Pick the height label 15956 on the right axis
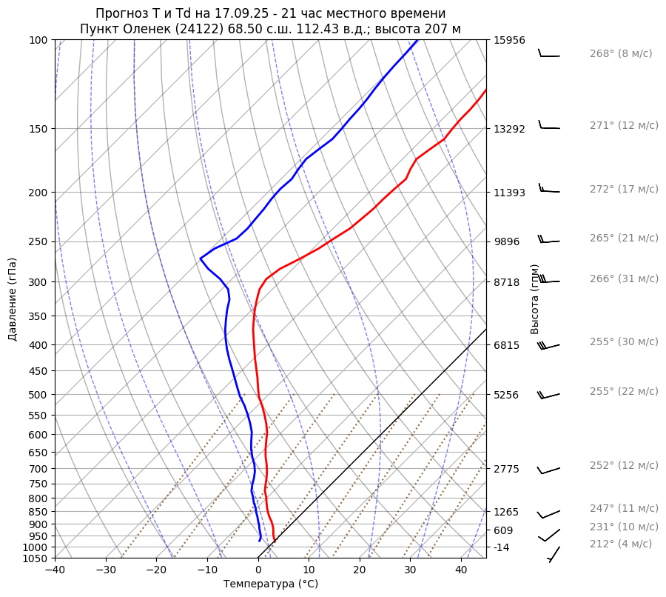click(x=509, y=40)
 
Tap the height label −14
click(x=502, y=547)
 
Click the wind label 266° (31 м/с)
click(x=624, y=279)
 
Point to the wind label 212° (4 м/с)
click(x=621, y=544)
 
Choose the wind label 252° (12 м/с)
click(x=624, y=465)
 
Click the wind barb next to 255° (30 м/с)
click(x=549, y=346)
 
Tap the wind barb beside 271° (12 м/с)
click(x=549, y=127)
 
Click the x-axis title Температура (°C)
click(x=271, y=584)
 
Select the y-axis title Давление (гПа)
click(x=13, y=299)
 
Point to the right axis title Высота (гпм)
click(x=535, y=299)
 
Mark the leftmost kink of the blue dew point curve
click(x=201, y=259)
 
